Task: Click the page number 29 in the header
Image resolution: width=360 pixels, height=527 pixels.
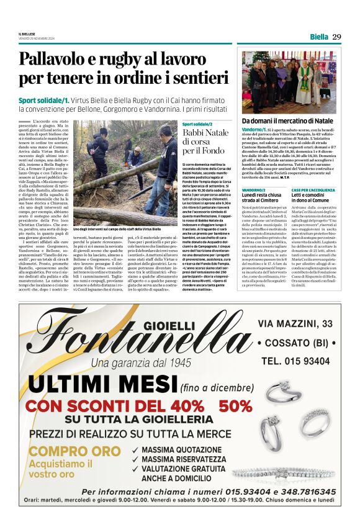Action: [x=336, y=37]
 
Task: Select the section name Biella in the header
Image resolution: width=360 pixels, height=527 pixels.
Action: [x=318, y=37]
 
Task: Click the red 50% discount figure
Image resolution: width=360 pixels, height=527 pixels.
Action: [x=235, y=407]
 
